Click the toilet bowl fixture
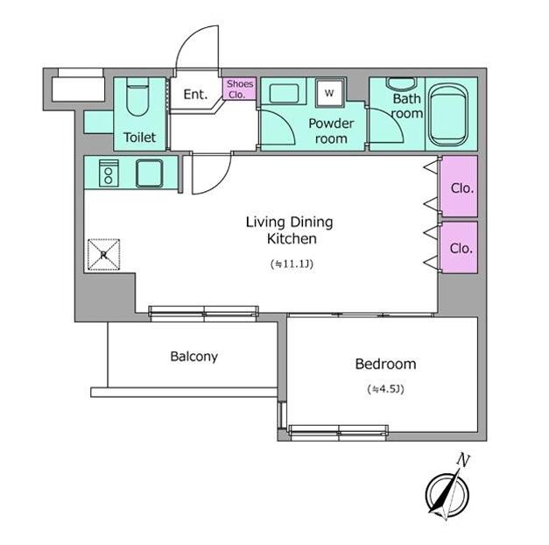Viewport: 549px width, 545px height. tap(137, 96)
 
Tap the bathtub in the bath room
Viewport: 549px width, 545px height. tap(449, 115)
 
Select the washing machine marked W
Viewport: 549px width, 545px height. tap(329, 93)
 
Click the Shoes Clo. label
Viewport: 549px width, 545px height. tap(240, 89)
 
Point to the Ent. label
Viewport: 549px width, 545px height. tap(195, 95)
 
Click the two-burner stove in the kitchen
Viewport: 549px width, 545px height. tap(109, 173)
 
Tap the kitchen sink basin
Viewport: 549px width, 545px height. tap(149, 173)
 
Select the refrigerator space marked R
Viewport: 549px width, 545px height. tap(103, 255)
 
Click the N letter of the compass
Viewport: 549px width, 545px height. tap(463, 460)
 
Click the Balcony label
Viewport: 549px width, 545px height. tap(194, 357)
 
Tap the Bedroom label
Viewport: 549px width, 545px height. tap(385, 365)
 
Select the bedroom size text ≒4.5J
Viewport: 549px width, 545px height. tap(386, 389)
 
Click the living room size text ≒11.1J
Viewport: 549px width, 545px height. tap(292, 264)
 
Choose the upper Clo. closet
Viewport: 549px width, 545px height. tap(460, 187)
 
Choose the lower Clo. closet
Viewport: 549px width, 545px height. tap(460, 247)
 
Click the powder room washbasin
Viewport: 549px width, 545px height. tap(284, 94)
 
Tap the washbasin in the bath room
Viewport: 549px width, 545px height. tap(401, 83)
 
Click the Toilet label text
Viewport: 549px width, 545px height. tap(139, 137)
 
